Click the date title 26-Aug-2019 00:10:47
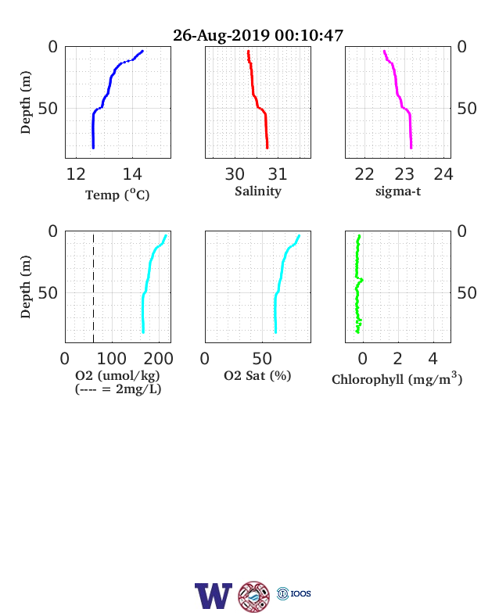[258, 35]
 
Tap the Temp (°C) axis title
[117, 195]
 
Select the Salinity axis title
[258, 192]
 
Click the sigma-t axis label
[398, 192]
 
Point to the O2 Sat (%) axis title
[257, 375]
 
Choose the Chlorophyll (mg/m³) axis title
[397, 378]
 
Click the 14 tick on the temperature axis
[132, 174]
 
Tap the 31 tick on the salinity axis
[278, 174]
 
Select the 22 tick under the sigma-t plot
[364, 174]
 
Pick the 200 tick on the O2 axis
[158, 359]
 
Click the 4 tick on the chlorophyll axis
[433, 359]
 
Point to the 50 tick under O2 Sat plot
[262, 359]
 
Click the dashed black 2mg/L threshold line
[94, 288]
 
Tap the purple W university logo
[214, 596]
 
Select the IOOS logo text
[300, 593]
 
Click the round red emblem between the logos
[254, 596]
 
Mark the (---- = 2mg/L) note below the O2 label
[118, 389]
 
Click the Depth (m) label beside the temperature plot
[25, 102]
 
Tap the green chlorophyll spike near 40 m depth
[361, 280]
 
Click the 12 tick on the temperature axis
[76, 174]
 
